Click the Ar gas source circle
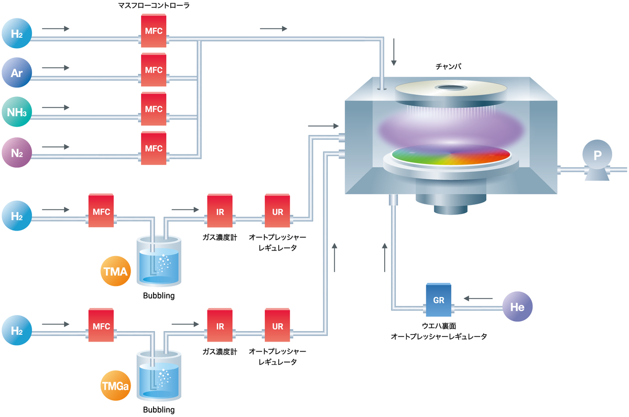pyautogui.click(x=17, y=73)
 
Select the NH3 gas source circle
pyautogui.click(x=17, y=112)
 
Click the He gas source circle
pyautogui.click(x=517, y=306)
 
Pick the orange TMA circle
pyautogui.click(x=115, y=271)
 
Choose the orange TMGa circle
pyautogui.click(x=115, y=387)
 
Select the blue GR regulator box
pyautogui.click(x=439, y=299)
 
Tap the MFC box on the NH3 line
pyautogui.click(x=154, y=109)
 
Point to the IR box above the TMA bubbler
pyautogui.click(x=220, y=211)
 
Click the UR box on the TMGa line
pyautogui.click(x=278, y=326)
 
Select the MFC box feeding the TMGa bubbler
pyautogui.click(x=101, y=326)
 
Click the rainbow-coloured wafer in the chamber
pyautogui.click(x=451, y=155)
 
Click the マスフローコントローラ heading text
pyautogui.click(x=154, y=5)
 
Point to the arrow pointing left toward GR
pyautogui.click(x=478, y=299)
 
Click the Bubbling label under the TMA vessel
pyautogui.click(x=159, y=295)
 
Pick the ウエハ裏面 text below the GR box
pyautogui.click(x=439, y=326)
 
